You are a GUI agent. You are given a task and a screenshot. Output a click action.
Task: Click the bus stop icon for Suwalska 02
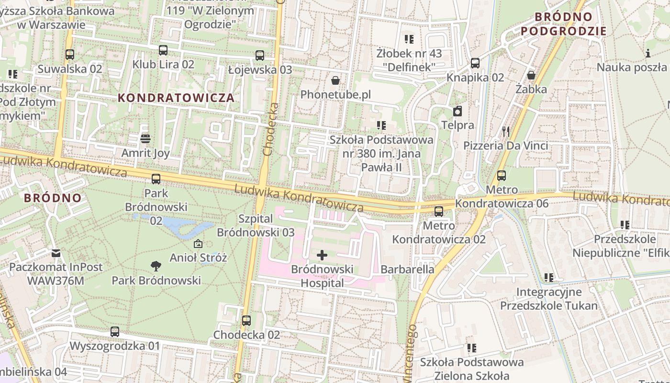70,55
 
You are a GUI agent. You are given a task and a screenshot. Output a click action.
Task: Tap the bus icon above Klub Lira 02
163,50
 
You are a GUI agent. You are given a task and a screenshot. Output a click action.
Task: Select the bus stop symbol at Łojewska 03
260,56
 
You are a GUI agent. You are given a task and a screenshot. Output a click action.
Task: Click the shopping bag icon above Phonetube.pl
335,80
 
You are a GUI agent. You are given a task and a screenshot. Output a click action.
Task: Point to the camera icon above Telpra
458,112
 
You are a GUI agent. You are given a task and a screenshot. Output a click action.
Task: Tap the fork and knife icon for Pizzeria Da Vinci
505,131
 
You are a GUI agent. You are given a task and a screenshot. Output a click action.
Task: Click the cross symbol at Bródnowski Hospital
322,255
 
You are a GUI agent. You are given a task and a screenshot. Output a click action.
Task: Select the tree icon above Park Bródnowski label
156,266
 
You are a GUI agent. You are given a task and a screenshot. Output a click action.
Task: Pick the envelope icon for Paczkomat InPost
56,253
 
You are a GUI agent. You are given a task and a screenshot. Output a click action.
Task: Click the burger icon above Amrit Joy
146,139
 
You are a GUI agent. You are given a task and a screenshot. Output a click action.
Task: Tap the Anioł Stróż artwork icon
198,244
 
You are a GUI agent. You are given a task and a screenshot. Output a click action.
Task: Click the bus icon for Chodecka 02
246,321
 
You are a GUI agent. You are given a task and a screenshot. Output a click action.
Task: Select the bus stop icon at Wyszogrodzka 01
115,332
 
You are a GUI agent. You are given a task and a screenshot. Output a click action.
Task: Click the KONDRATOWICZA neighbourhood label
176,98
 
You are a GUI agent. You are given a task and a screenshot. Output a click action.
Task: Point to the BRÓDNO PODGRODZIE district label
563,24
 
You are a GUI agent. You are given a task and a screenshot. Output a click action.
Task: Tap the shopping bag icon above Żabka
531,75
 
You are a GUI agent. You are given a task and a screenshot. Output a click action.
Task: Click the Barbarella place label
407,269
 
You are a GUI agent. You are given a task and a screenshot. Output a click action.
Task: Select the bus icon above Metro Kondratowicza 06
502,176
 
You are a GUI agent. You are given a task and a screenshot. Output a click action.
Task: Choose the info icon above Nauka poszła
648,53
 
